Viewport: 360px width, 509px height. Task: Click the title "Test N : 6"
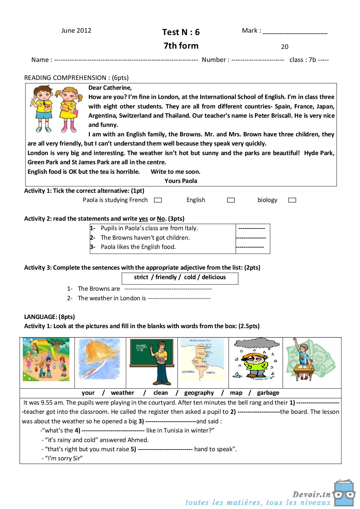tap(181, 32)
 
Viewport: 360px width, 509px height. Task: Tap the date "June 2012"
tap(76, 31)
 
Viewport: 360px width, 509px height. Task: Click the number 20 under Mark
tap(284, 47)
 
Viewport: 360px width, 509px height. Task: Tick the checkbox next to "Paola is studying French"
tap(158, 200)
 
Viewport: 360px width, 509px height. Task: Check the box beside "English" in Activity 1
tap(231, 200)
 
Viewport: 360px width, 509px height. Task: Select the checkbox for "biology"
tap(292, 200)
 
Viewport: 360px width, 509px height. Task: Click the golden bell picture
tap(99, 359)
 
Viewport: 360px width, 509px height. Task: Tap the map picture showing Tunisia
tap(202, 359)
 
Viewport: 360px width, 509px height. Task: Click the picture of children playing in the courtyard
tap(46, 359)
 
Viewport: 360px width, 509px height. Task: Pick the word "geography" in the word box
tap(199, 393)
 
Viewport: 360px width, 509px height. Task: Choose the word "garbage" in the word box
tap(268, 393)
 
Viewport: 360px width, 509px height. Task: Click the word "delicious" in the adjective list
tap(214, 277)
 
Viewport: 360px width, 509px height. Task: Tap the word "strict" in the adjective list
tap(141, 277)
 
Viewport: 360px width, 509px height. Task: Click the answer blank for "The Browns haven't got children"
tap(251, 238)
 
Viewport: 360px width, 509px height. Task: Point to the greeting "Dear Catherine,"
tap(110, 88)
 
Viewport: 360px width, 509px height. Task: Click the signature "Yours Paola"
tap(181, 181)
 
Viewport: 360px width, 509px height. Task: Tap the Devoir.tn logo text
tap(311, 494)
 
